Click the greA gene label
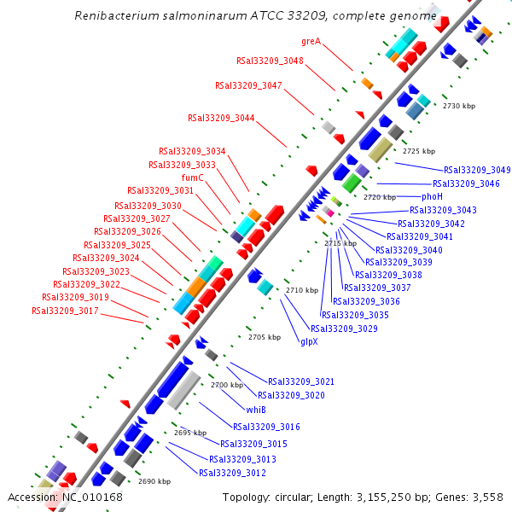311,40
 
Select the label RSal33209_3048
270,61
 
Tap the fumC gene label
193,177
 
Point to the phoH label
433,196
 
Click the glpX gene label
309,340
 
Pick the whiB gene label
256,410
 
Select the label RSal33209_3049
477,170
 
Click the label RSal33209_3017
65,311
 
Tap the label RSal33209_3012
232,473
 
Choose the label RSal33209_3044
221,118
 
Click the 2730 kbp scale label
457,106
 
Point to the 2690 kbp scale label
154,482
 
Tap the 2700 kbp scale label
227,385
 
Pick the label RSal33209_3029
344,329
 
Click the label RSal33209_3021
301,381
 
